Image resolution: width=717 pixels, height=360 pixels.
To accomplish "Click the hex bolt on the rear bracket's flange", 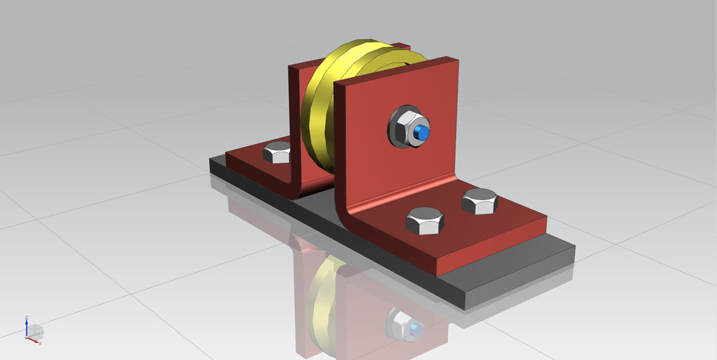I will [277, 154].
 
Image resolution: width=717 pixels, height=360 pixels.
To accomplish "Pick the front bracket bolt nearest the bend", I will [425, 220].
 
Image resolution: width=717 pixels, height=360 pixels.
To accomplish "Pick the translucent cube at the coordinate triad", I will [36, 330].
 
